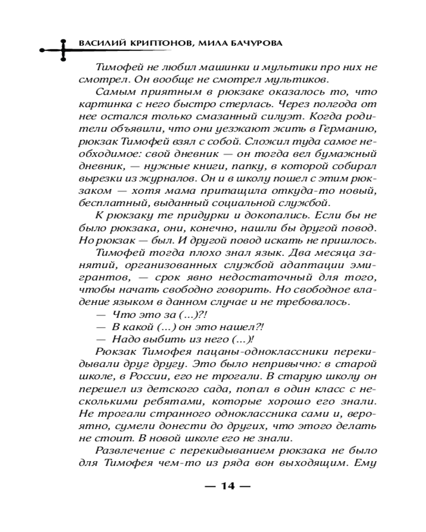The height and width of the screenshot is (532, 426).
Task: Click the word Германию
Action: click(x=346, y=128)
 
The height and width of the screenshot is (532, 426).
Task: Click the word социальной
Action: click(x=249, y=202)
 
